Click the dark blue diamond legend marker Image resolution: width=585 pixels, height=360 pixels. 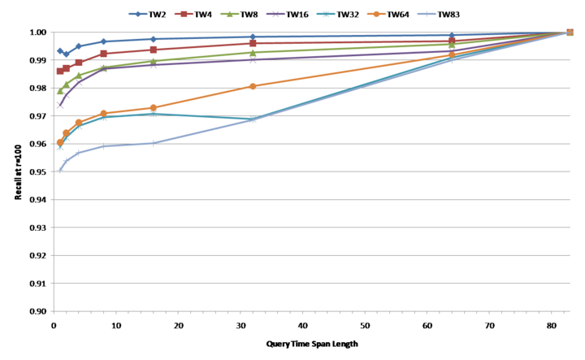pyautogui.click(x=137, y=14)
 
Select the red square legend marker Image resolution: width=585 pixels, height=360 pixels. pyautogui.click(x=184, y=14)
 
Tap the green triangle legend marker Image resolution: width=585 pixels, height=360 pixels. pyautogui.click(x=229, y=14)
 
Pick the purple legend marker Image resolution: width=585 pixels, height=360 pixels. pyautogui.click(x=275, y=14)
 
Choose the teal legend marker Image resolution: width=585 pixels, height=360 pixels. pyautogui.click(x=326, y=14)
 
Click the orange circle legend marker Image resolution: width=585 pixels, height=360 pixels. pyautogui.click(x=376, y=14)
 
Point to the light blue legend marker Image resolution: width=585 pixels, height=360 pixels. pyautogui.click(x=427, y=14)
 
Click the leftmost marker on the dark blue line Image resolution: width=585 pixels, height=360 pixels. pyautogui.click(x=60, y=50)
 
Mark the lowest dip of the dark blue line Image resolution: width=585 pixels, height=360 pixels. pyautogui.click(x=66, y=54)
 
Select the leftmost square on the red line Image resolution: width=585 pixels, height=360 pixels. pyautogui.click(x=60, y=71)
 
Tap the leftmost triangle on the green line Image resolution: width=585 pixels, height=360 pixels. pyautogui.click(x=60, y=91)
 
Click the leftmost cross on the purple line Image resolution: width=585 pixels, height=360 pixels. pyautogui.click(x=60, y=106)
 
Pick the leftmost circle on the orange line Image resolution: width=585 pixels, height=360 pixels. pyautogui.click(x=60, y=141)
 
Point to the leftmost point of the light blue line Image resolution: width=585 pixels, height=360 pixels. pyautogui.click(x=60, y=170)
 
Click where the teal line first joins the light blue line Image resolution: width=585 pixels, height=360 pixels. pyautogui.click(x=253, y=119)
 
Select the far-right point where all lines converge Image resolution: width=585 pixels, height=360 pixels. pyautogui.click(x=569, y=33)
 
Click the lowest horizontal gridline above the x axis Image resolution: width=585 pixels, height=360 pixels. pyautogui.click(x=309, y=283)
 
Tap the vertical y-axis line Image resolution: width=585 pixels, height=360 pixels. pyautogui.click(x=53, y=171)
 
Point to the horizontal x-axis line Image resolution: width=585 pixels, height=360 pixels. pyautogui.click(x=309, y=310)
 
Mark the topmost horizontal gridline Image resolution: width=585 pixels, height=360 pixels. pyautogui.click(x=309, y=33)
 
